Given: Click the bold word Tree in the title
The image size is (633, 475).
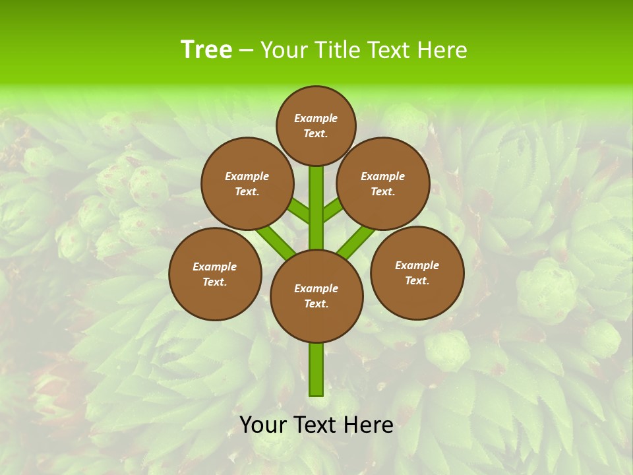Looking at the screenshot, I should (x=206, y=49).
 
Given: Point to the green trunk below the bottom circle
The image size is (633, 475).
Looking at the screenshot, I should (x=316, y=369).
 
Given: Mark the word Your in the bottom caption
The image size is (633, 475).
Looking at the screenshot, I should (x=263, y=425).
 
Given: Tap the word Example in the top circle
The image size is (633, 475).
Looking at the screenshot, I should (x=316, y=118).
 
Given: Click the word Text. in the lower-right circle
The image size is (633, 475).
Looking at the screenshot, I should (x=417, y=280).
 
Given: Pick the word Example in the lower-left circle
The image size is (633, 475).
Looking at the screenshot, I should (x=214, y=267).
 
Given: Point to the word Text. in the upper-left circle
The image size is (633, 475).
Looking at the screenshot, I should (x=247, y=191).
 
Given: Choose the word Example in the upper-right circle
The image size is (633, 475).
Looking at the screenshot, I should (x=382, y=176).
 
